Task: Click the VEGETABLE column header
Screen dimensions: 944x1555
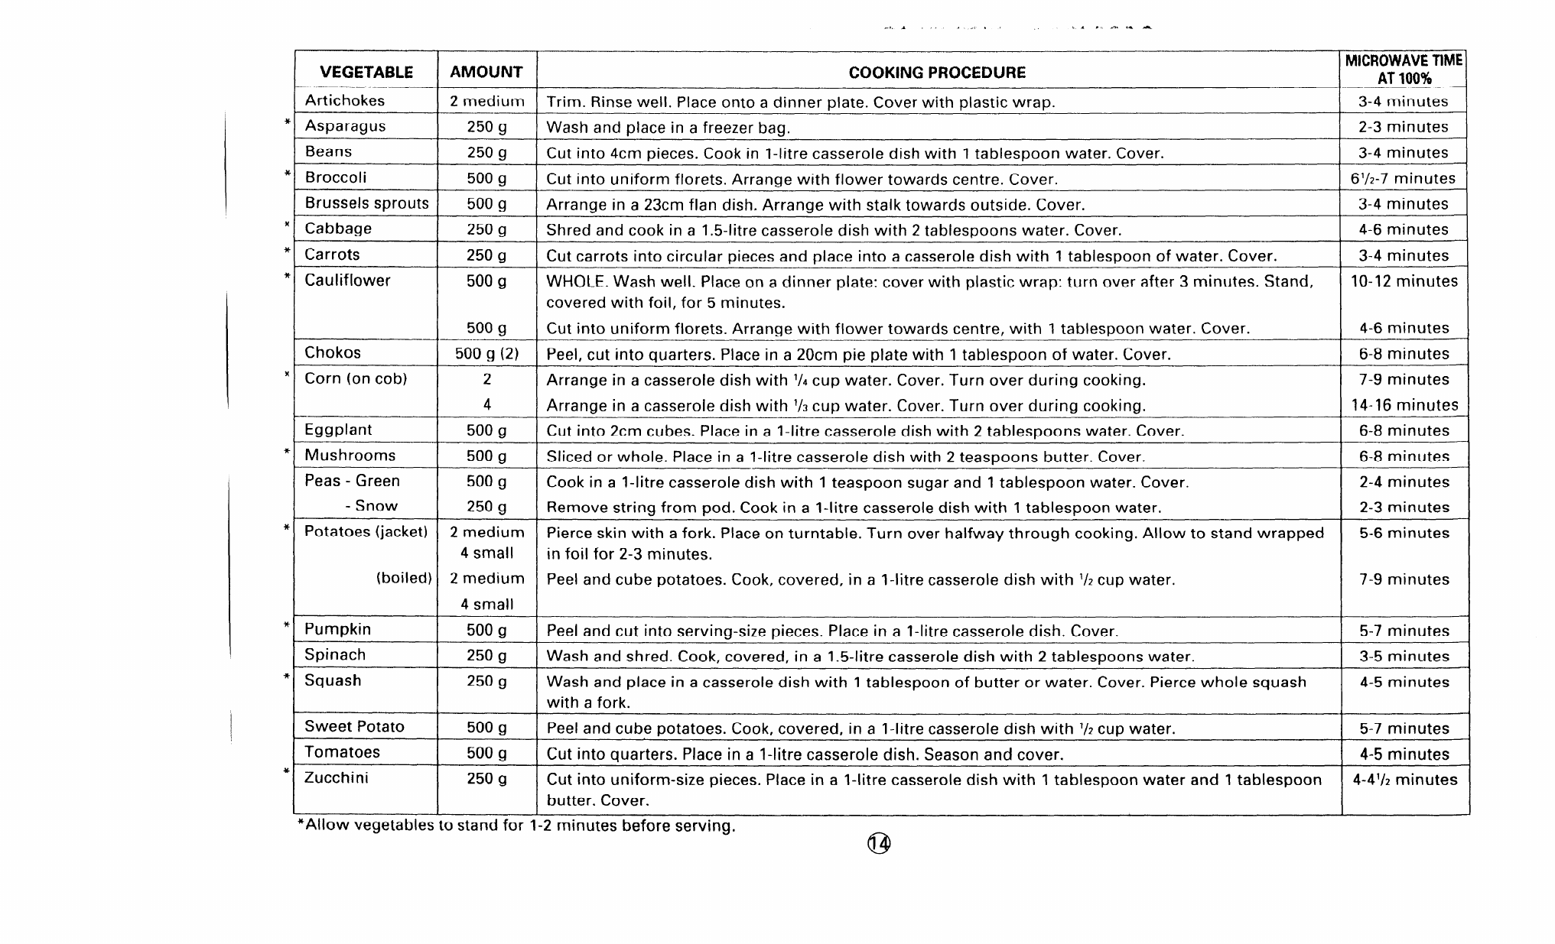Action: [x=366, y=73]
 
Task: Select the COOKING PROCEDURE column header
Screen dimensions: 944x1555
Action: [x=937, y=73]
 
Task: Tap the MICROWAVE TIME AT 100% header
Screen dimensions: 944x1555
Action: [x=1404, y=69]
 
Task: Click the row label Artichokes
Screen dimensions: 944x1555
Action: [x=344, y=101]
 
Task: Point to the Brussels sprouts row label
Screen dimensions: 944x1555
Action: [x=366, y=203]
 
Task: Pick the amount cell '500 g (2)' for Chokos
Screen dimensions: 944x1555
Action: [x=486, y=354]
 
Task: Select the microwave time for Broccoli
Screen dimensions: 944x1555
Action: [x=1404, y=179]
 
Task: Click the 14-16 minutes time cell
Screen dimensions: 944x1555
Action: [x=1404, y=405]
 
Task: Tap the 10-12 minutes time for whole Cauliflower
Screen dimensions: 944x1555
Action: [x=1404, y=281]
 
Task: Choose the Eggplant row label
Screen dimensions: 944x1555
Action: [x=338, y=430]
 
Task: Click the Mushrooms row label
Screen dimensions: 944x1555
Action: [x=350, y=456]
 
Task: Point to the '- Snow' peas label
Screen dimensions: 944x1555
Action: [x=371, y=506]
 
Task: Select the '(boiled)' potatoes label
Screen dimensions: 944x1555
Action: [x=404, y=578]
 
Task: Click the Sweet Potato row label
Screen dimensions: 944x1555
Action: [x=354, y=727]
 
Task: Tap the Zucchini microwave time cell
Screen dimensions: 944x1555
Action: [x=1404, y=780]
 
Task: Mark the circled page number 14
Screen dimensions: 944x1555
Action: [x=879, y=843]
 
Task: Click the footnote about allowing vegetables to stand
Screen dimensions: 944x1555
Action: [x=516, y=826]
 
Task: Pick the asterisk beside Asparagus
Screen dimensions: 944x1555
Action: [x=287, y=122]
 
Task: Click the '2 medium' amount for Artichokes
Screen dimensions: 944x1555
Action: [x=486, y=101]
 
